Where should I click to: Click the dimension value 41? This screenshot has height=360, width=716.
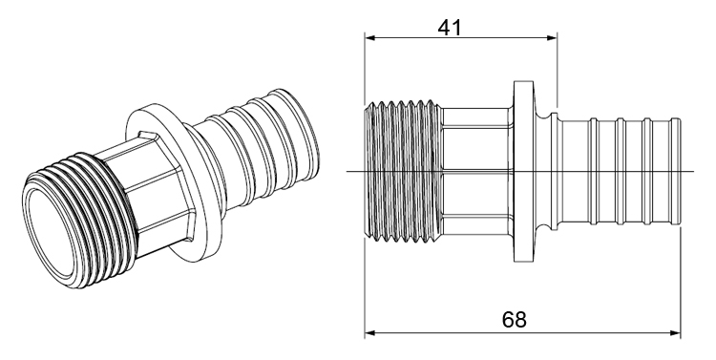coord(450,28)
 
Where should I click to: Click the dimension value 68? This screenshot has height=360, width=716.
coord(515,320)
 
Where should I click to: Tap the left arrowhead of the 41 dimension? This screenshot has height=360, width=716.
coord(369,38)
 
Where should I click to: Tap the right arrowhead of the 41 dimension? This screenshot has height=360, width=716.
coord(552,38)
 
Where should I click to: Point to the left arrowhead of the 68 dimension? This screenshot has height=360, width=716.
coord(369,332)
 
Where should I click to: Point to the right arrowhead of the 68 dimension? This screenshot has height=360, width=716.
coord(675,332)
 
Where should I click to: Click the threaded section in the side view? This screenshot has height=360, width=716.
coord(403,171)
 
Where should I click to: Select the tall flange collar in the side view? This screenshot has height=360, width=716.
coord(523,172)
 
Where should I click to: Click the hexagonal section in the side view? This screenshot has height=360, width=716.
coord(477,171)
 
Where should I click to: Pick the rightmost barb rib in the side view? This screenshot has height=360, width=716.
coord(675,171)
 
